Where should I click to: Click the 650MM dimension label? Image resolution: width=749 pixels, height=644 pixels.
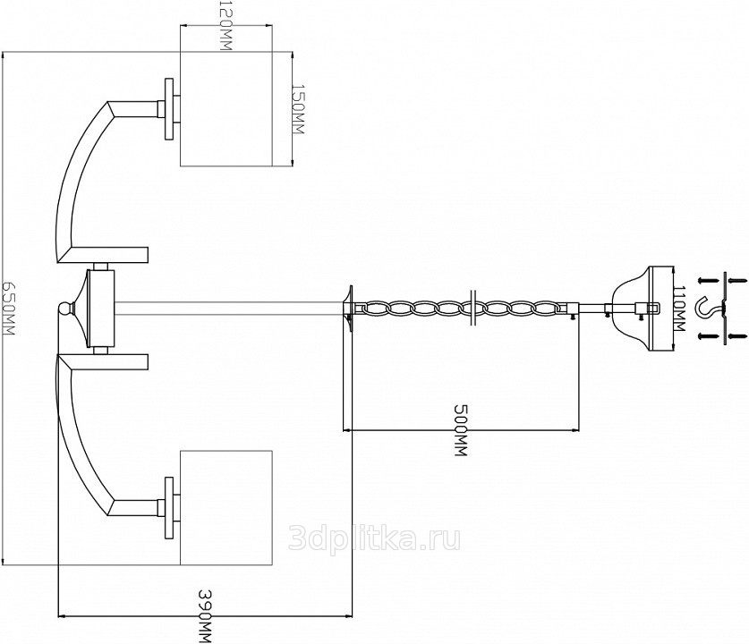[x=9, y=308]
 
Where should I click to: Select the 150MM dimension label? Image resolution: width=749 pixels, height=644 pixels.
[x=297, y=109]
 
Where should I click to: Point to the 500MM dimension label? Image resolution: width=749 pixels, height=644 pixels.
[x=460, y=430]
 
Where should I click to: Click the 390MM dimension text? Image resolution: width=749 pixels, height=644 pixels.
[x=205, y=616]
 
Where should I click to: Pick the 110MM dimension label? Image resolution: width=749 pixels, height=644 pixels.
[x=679, y=309]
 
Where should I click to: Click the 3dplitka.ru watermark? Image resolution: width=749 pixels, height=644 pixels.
[x=375, y=539]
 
